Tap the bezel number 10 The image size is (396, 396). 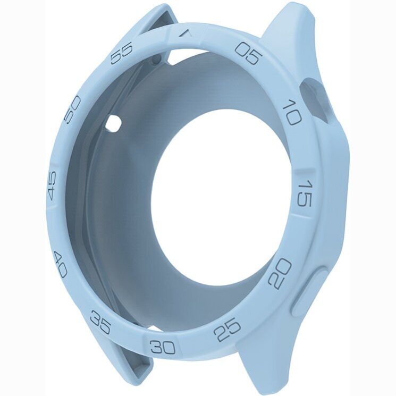292,112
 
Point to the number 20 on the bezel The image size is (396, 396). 281,273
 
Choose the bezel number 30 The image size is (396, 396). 163,347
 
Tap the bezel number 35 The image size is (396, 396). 100,323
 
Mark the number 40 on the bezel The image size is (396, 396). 61,264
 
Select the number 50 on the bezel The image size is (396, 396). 72,110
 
